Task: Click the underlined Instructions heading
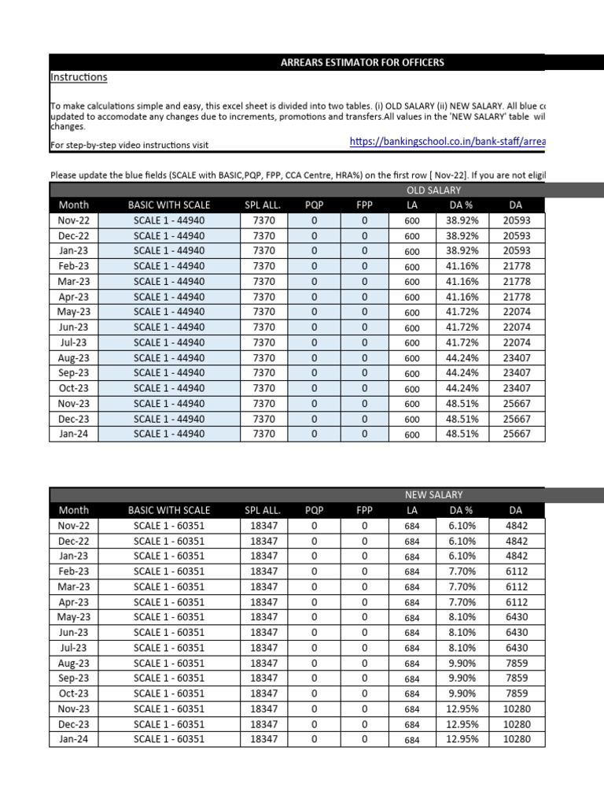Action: coord(79,77)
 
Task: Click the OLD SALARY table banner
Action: coord(433,190)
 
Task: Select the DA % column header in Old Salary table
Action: coord(462,205)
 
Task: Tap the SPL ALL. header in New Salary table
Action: coord(263,510)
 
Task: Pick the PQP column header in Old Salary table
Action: coord(315,205)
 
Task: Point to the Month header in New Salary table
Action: coord(74,510)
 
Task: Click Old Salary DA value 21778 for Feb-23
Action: coord(516,266)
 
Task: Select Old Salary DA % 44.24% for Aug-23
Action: coord(462,357)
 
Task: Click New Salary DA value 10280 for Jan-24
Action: coord(516,739)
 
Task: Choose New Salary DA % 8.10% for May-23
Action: coord(462,617)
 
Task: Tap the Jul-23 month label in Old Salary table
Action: coord(74,342)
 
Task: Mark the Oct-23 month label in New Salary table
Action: coord(74,693)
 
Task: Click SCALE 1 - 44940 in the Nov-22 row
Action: coord(169,220)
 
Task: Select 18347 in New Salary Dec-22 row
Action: coord(263,541)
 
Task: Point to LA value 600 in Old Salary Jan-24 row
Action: coord(412,434)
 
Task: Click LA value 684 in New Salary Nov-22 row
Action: coord(412,526)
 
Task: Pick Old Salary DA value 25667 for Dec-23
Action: coord(516,419)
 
